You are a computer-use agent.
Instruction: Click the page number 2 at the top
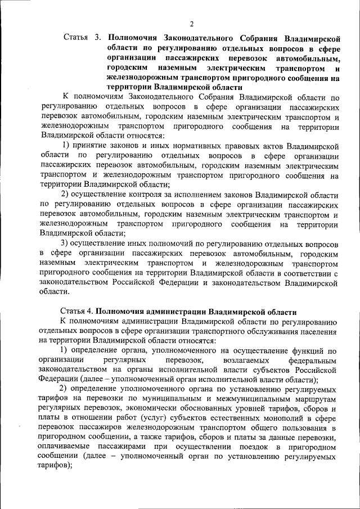[x=191, y=24]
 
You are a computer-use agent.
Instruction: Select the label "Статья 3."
[x=82, y=38]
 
